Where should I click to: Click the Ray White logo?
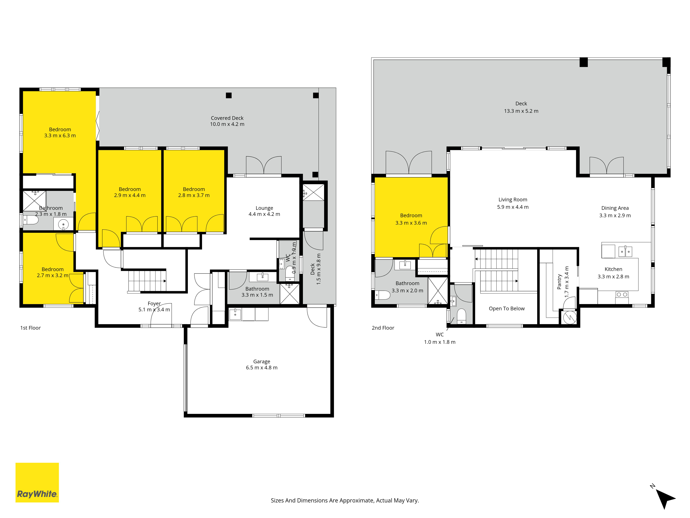click(x=37, y=482)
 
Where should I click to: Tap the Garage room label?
click(x=262, y=361)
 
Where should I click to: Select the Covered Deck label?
click(x=227, y=118)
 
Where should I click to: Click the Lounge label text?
click(x=264, y=208)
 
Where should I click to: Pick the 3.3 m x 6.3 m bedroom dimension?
click(x=60, y=136)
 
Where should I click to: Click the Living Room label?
click(x=513, y=200)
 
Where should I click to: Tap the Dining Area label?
click(x=615, y=208)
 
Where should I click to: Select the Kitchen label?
click(x=613, y=269)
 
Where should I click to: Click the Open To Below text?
click(x=507, y=309)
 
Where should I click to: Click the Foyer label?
click(x=154, y=304)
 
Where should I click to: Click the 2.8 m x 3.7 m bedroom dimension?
click(x=194, y=195)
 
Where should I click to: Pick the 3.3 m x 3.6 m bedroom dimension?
click(x=411, y=223)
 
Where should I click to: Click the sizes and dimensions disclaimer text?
click(x=345, y=501)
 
